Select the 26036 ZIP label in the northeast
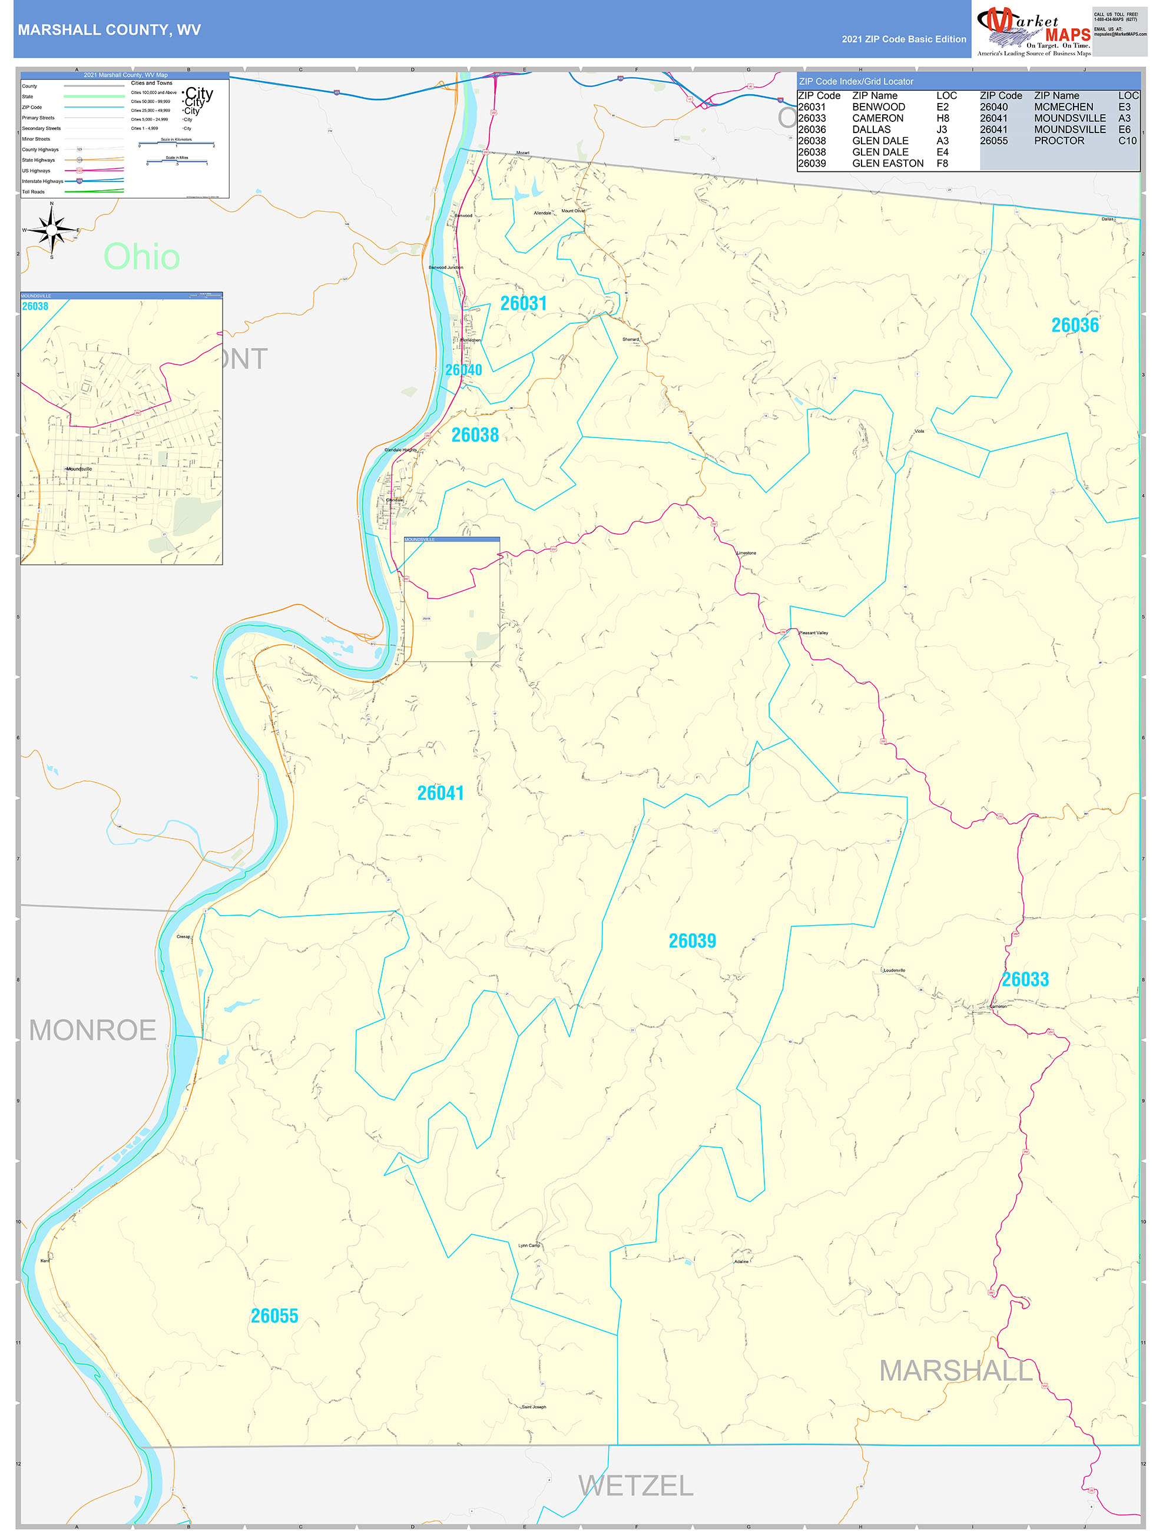1074,325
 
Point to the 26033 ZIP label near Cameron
1025,979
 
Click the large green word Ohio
142,257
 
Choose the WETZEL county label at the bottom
635,1486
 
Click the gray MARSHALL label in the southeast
955,1371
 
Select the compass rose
52,229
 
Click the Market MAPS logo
1034,31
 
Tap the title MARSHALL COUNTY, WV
110,30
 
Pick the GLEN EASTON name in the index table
887,163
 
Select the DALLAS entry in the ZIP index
871,130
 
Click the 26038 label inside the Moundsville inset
35,307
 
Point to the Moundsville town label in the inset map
79,469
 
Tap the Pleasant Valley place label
813,632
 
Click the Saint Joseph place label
534,1406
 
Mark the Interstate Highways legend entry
42,181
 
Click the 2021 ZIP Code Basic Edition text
903,39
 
